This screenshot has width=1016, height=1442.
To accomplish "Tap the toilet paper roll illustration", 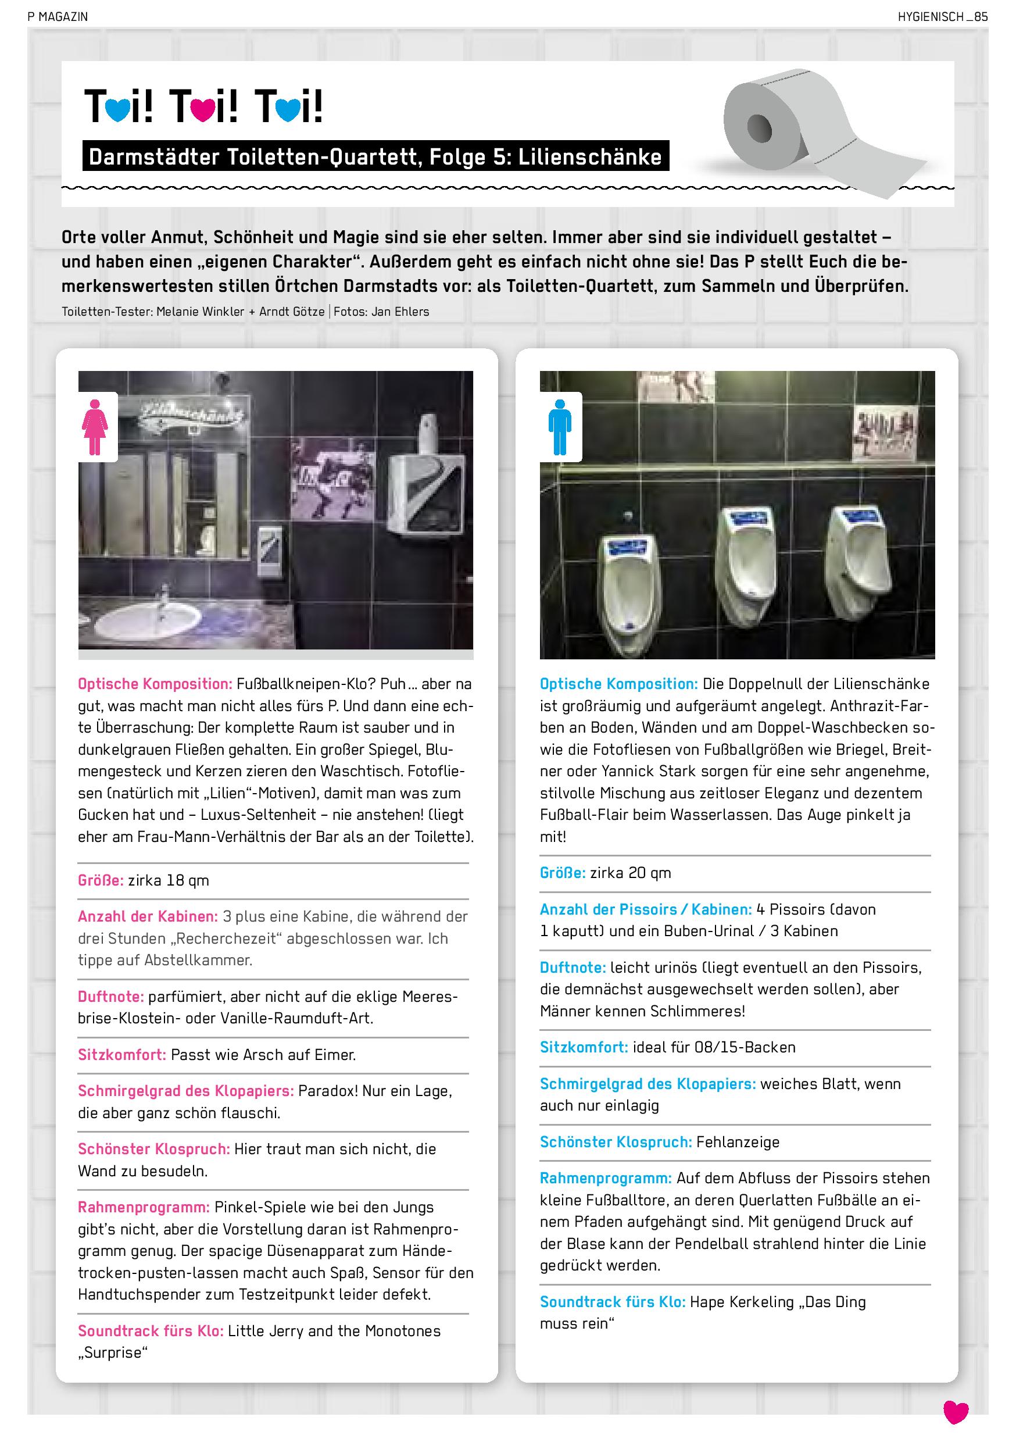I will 810,132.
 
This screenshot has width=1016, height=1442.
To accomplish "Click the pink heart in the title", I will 203,109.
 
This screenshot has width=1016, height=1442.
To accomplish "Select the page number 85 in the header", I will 981,17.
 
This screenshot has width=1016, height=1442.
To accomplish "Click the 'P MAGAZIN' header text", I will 58,17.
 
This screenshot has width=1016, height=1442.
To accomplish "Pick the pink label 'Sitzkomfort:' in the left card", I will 122,1055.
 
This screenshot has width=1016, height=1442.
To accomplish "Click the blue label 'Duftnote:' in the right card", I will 573,967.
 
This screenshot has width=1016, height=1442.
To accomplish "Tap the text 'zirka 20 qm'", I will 631,873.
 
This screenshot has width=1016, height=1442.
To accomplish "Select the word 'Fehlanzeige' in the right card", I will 737,1142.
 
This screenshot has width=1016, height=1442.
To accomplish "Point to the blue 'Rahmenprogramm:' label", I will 605,1178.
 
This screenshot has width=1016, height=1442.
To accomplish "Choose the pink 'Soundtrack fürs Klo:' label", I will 151,1331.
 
